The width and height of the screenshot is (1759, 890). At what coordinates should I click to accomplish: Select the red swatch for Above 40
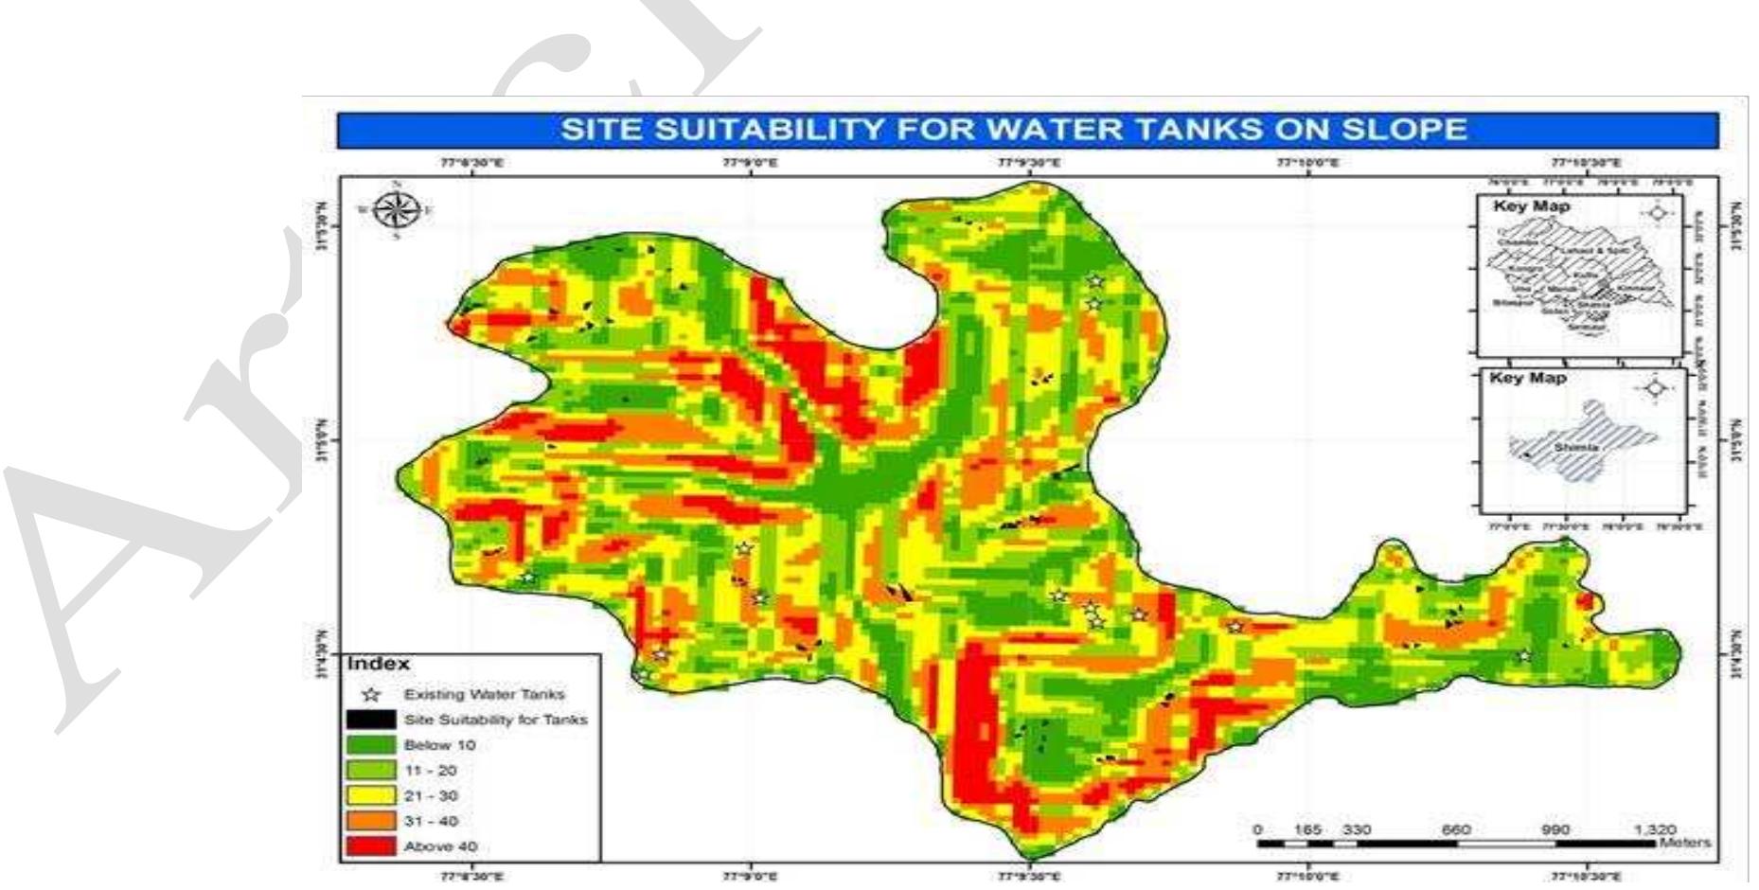[372, 845]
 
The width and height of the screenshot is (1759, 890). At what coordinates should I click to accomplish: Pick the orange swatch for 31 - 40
[372, 821]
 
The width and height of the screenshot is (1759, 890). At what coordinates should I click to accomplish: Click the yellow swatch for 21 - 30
[372, 795]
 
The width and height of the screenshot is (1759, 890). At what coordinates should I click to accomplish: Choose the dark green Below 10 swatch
[372, 745]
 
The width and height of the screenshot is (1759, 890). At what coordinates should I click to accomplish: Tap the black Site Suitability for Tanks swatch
[372, 720]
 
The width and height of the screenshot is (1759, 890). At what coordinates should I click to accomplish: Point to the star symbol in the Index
[372, 694]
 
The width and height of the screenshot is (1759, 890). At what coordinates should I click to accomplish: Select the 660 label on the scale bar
[1455, 829]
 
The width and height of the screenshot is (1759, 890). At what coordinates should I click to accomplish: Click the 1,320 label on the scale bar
[1654, 829]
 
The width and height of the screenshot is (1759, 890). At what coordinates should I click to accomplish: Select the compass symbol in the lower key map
[1655, 388]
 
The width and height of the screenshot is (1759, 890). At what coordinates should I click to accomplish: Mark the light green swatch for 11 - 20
[372, 771]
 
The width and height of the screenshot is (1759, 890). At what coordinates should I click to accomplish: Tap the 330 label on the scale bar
[1356, 829]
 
